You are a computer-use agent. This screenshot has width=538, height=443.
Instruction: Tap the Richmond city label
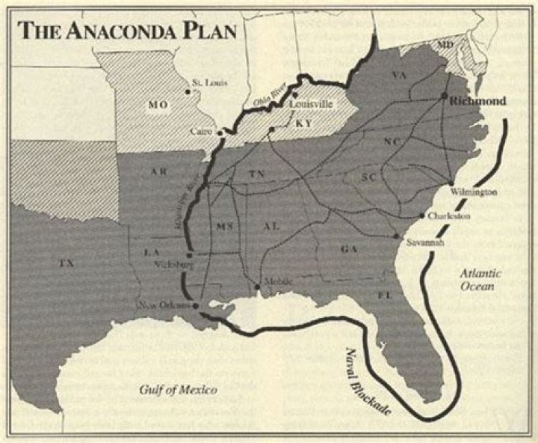478,100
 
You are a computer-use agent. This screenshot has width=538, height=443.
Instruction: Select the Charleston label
450,216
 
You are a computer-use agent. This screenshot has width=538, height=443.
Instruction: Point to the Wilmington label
474,192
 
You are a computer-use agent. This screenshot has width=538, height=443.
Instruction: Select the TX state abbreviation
66,263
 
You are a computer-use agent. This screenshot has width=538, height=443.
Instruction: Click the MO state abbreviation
158,105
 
